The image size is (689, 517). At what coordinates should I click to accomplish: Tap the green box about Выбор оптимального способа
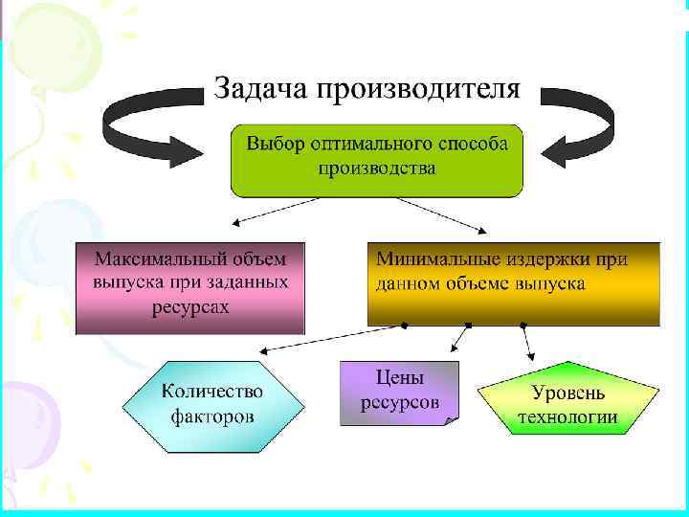coord(376,160)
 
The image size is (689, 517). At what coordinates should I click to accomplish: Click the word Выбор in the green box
coord(273,144)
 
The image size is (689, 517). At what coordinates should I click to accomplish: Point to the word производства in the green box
coord(376,169)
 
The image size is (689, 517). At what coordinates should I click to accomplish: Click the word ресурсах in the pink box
coord(189,307)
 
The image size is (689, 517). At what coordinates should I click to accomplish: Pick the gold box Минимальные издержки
coord(514,282)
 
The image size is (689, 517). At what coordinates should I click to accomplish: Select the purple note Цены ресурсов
coord(399,391)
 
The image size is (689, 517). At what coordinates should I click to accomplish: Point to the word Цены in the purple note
coord(399,377)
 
